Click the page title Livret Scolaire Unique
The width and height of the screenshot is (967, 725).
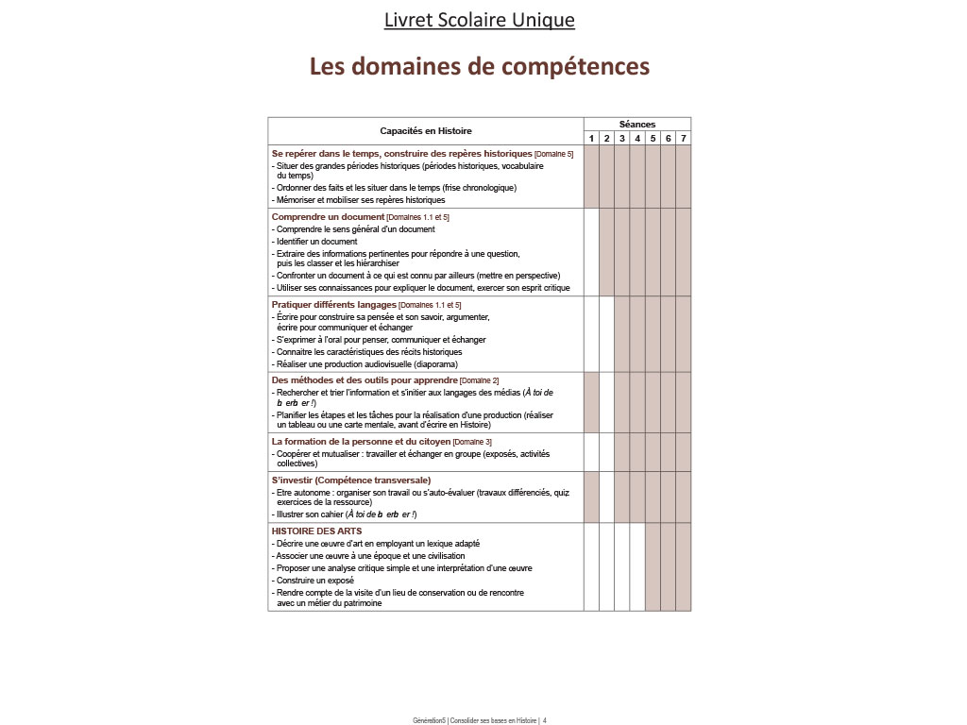[x=480, y=19]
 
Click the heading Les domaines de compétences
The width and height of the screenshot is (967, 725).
[x=480, y=67]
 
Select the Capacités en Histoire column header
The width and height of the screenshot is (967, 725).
[x=426, y=131]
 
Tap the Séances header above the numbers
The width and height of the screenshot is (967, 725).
[x=637, y=124]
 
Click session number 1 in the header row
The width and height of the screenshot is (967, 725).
[x=592, y=139]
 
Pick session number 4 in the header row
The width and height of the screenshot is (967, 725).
[x=637, y=139]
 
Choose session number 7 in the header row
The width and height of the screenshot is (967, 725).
[x=683, y=139]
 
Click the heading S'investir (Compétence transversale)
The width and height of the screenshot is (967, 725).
[x=337, y=481]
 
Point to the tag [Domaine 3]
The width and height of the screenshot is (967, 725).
[x=472, y=442]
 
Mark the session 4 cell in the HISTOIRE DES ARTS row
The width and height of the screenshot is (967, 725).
[x=637, y=566]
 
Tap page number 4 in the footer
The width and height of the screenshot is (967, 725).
[x=545, y=720]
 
